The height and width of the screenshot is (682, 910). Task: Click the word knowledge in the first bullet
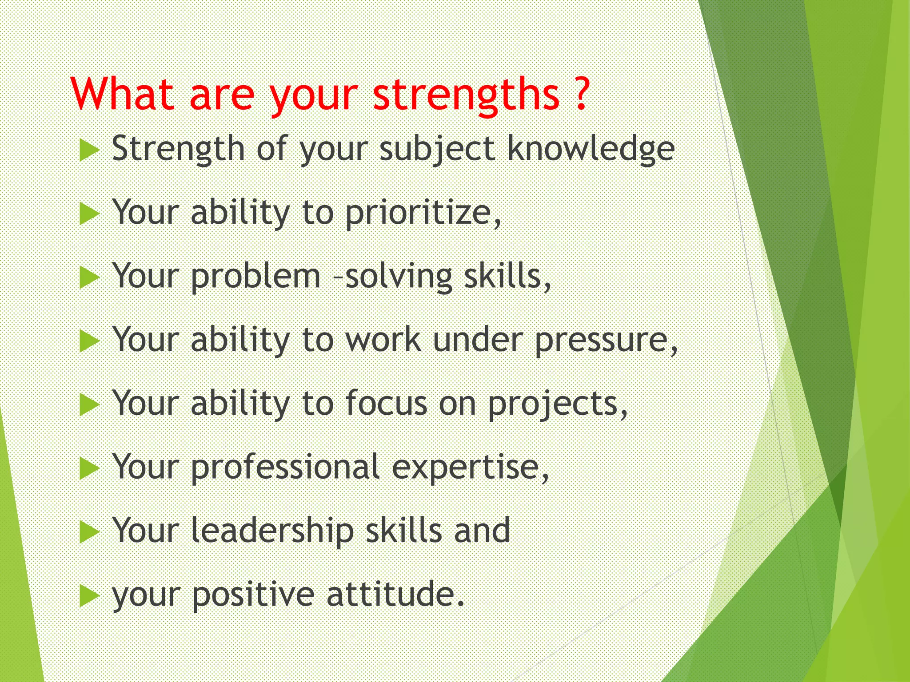click(x=591, y=150)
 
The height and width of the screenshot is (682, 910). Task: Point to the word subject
click(x=437, y=150)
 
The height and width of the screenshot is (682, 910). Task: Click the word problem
click(x=255, y=277)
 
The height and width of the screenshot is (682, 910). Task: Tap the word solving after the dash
click(x=399, y=278)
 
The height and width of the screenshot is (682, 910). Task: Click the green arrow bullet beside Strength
click(x=88, y=151)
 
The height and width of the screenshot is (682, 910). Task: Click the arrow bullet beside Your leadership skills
click(x=88, y=532)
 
